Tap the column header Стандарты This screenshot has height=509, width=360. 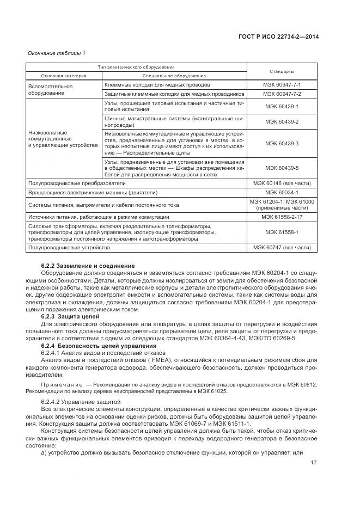[x=282, y=71]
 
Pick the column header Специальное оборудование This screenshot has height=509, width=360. [x=174, y=75]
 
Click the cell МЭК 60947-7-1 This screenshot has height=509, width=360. [x=282, y=85]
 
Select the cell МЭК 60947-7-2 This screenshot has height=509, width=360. [x=282, y=94]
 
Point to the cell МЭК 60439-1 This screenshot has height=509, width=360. [x=282, y=106]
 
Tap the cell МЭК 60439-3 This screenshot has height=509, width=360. [x=282, y=144]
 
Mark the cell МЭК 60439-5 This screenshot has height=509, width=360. [x=282, y=169]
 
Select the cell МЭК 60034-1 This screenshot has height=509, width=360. [x=282, y=193]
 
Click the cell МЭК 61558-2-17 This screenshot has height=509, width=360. [x=282, y=217]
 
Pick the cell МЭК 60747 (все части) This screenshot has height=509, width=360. [x=282, y=248]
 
